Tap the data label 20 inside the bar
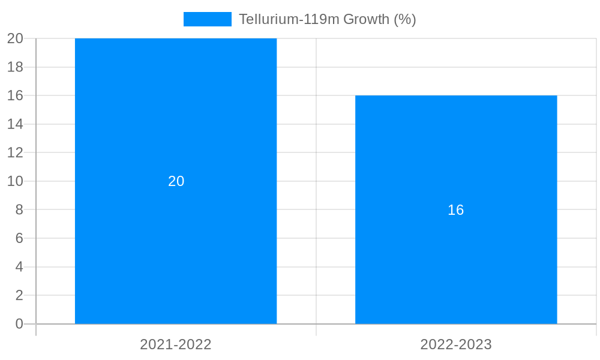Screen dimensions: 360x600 (176, 181)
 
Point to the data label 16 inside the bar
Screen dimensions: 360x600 (456, 210)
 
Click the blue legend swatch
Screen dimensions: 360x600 (207, 19)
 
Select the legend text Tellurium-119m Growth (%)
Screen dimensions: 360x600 (327, 19)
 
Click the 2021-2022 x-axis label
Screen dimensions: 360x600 (176, 344)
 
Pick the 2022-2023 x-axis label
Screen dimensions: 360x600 (456, 344)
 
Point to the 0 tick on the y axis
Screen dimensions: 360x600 (19, 324)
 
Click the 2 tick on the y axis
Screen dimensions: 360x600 (19, 295)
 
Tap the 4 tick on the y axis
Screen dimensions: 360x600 (19, 267)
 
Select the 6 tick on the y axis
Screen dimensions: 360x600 (19, 238)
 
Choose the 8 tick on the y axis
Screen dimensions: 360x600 (19, 209)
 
